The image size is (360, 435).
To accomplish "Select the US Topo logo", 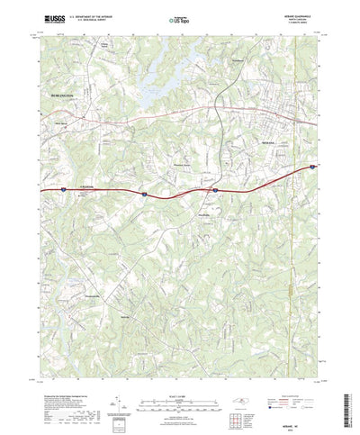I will (x=180, y=17).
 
